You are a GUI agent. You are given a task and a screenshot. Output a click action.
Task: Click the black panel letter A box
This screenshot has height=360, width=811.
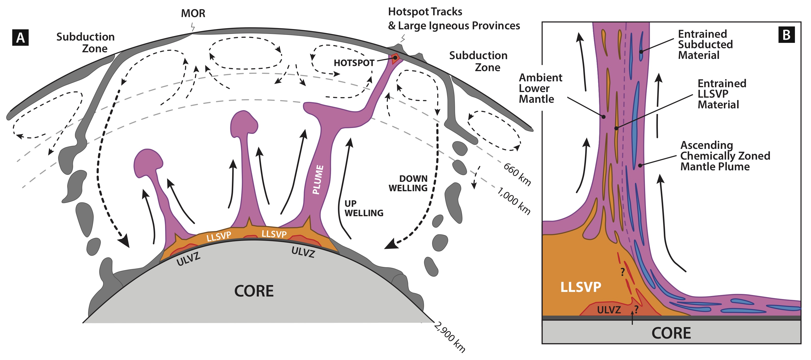(x=20, y=37)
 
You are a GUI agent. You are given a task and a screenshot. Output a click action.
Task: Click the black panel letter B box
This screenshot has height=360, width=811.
(x=786, y=34)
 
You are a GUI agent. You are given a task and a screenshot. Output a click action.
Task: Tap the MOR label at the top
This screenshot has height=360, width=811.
(x=193, y=13)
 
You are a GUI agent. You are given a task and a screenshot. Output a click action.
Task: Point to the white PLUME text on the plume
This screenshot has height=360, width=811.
(x=318, y=179)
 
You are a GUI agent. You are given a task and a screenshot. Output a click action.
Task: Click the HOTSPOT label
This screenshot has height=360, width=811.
(x=354, y=63)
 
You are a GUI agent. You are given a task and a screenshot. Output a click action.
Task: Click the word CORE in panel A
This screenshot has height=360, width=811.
(x=254, y=291)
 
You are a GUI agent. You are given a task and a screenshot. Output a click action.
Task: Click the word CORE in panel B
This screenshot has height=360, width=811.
(x=671, y=333)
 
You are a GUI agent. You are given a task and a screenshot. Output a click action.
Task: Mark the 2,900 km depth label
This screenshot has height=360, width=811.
(x=449, y=337)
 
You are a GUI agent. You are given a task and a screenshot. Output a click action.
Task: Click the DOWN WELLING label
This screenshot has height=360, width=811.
(x=408, y=183)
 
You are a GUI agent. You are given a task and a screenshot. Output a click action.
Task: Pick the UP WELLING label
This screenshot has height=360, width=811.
(x=364, y=208)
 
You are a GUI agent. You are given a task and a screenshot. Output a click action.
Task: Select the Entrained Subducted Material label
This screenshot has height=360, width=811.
(x=705, y=44)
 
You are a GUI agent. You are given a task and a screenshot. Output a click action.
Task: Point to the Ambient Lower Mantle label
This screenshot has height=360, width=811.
(x=540, y=88)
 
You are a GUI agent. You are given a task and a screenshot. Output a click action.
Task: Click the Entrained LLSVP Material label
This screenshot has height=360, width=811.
(x=722, y=94)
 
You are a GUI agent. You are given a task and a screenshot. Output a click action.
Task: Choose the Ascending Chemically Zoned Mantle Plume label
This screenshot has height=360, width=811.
(x=725, y=156)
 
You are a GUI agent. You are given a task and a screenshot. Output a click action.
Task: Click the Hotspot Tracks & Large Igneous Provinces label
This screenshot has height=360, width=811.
(x=454, y=19)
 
